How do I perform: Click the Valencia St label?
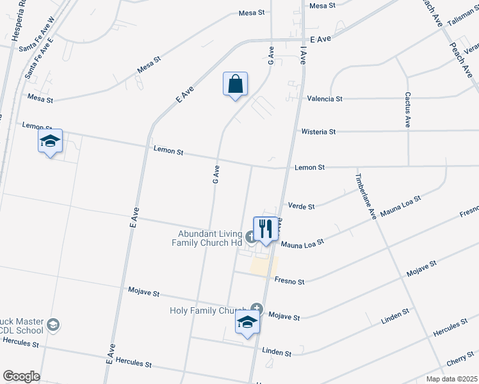pos(325,99)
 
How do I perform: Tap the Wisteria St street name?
pos(318,132)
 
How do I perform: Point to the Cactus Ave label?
pos(407,109)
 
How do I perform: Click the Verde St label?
pos(301,207)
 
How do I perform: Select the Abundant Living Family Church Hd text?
pos(207,239)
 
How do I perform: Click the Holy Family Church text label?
pos(209,311)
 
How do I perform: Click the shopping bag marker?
pos(236,84)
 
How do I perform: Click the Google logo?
pos(21,376)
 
